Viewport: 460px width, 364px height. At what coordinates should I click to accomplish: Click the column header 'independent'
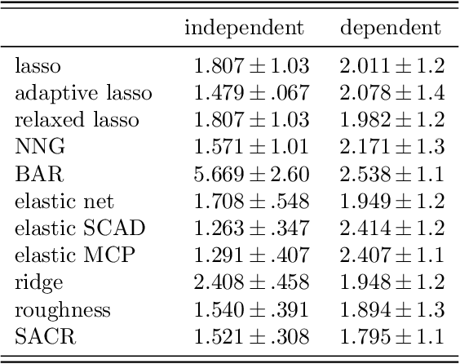click(x=245, y=29)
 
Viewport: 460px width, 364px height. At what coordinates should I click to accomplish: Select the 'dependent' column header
click(x=391, y=29)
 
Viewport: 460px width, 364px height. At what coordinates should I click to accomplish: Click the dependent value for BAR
click(x=391, y=173)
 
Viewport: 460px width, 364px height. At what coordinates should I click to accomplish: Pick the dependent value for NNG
click(x=391, y=147)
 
